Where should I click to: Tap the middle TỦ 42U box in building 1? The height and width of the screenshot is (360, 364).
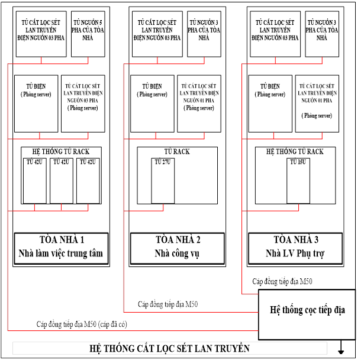point(62,181)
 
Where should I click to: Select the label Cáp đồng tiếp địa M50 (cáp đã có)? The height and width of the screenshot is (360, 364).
point(82,324)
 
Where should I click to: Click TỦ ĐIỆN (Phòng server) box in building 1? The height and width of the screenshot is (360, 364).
point(36,104)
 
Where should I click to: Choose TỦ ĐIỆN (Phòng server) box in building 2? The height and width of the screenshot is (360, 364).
point(153,104)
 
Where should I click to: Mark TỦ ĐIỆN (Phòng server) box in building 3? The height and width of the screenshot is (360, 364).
point(270,104)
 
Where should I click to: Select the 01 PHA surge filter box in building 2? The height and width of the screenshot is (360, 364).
point(199,104)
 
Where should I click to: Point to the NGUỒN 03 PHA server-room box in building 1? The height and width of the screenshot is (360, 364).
point(83,104)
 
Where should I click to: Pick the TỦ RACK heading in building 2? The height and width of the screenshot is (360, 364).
point(177,152)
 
